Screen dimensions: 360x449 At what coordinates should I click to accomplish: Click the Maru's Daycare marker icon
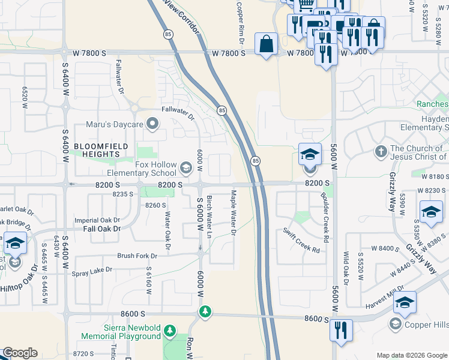coord(153,124)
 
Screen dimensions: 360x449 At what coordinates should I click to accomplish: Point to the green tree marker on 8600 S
coord(205,312)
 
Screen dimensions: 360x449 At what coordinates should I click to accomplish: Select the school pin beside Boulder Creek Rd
coord(310,155)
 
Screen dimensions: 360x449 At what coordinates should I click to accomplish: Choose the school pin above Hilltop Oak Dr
coord(14,242)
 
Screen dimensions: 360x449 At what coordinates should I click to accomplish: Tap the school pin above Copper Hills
coord(405,302)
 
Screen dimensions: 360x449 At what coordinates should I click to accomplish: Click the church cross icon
coord(381,151)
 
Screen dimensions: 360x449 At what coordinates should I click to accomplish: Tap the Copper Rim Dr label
coord(240,24)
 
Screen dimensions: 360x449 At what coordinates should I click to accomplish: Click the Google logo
coord(20,353)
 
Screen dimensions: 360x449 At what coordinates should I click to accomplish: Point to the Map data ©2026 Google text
coord(411,355)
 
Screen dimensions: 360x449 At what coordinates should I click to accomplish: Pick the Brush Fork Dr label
coord(137,256)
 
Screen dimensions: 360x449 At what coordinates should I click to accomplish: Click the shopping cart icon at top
coord(306,5)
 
